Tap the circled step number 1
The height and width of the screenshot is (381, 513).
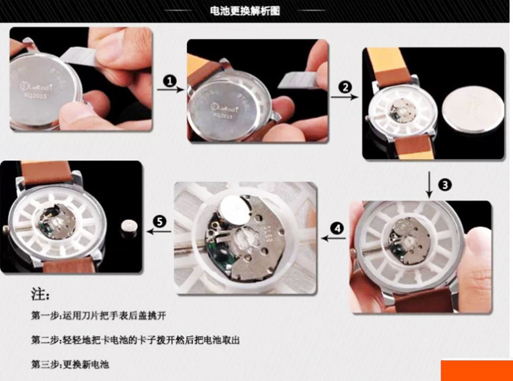click(x=169, y=81)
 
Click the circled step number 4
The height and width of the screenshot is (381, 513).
click(x=338, y=227)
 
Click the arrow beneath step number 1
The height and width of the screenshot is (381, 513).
click(x=169, y=92)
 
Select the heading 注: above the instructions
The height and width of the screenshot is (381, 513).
click(x=40, y=295)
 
